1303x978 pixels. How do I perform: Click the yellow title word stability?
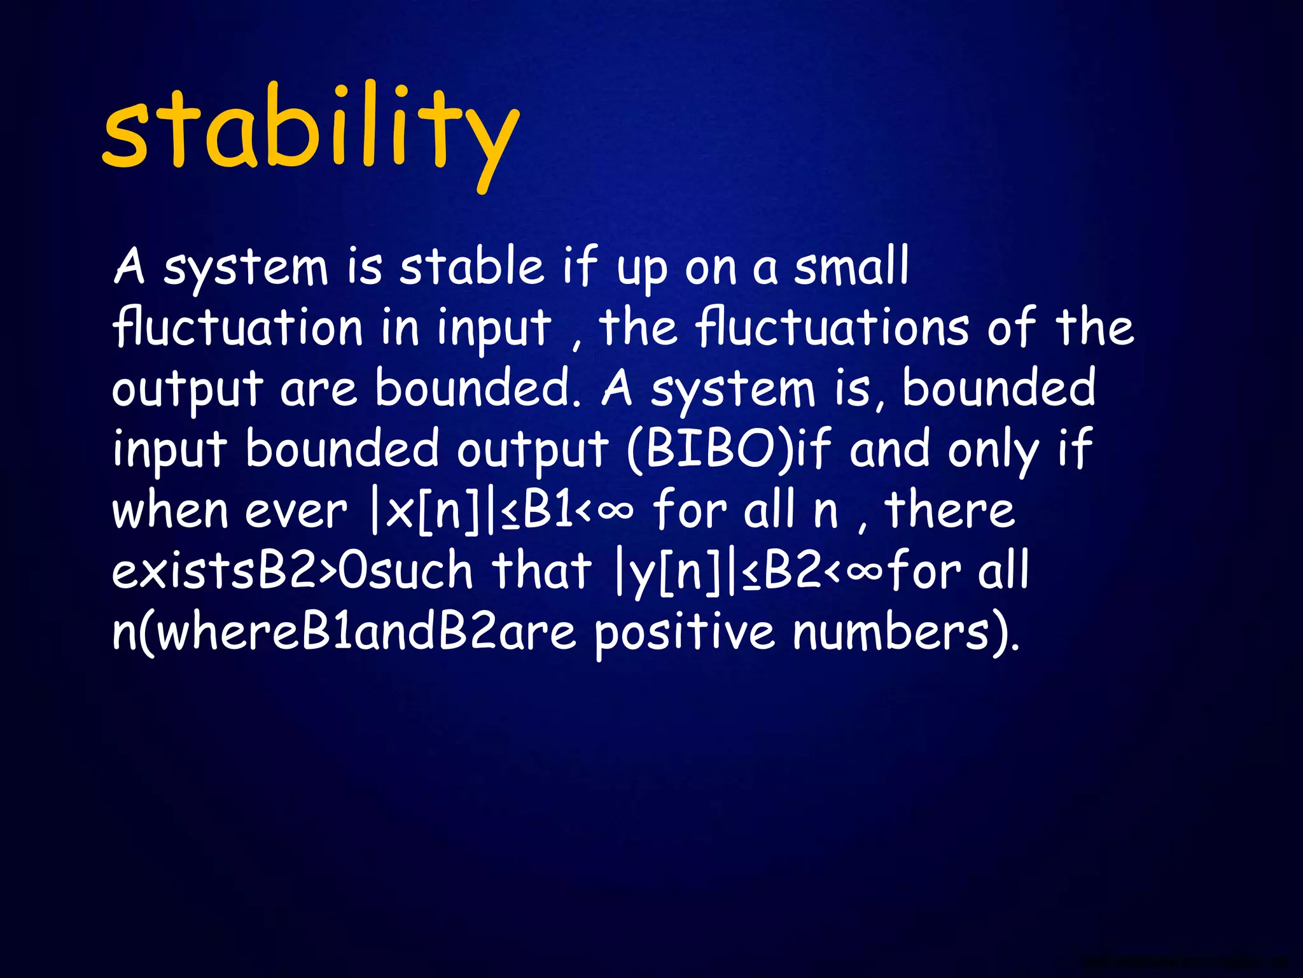pyautogui.click(x=310, y=131)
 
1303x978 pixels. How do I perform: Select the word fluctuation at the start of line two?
pyautogui.click(x=237, y=327)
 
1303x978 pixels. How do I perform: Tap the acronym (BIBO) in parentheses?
pyautogui.click(x=711, y=450)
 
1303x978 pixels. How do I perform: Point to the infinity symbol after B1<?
pyautogui.click(x=615, y=510)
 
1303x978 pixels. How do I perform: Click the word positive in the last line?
pyautogui.click(x=685, y=634)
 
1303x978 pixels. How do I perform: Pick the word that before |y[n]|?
pyautogui.click(x=541, y=570)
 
